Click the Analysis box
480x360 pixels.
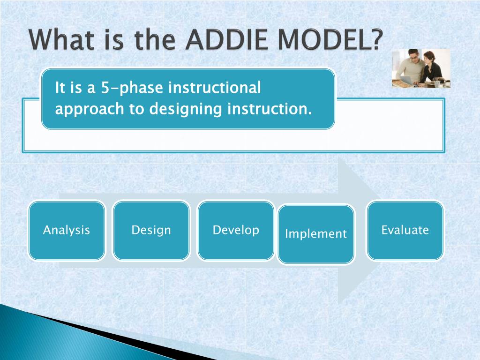67,231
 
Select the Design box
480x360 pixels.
151,231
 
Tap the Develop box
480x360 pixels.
236,231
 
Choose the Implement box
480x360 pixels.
316,234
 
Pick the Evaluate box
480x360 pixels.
405,231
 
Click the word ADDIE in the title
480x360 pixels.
227,40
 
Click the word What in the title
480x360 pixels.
61,40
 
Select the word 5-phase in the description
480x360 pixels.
132,88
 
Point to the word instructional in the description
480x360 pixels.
215,88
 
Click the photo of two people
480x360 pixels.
421,68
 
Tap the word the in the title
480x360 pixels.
155,40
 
